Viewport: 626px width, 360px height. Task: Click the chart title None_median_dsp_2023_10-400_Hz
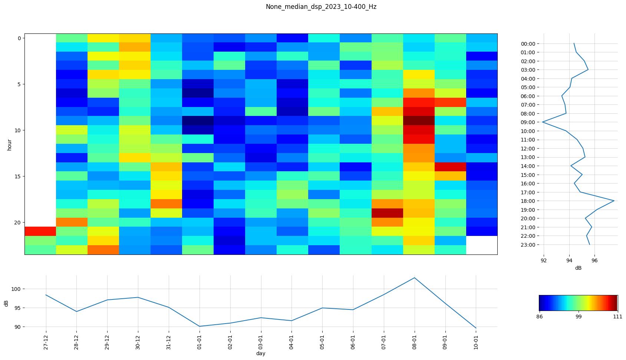click(321, 7)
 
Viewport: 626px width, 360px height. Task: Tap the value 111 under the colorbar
click(617, 317)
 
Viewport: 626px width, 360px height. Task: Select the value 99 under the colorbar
click(578, 317)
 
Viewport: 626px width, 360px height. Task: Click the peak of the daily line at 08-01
click(414, 278)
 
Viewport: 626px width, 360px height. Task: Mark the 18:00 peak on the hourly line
click(614, 201)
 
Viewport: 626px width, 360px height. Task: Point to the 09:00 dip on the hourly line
click(543, 122)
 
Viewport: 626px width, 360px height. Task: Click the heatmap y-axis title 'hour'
click(9, 145)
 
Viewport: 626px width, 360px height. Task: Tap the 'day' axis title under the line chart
click(261, 353)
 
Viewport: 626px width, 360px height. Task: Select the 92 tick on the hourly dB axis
click(544, 261)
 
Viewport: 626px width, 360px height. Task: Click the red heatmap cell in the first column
click(40, 231)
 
